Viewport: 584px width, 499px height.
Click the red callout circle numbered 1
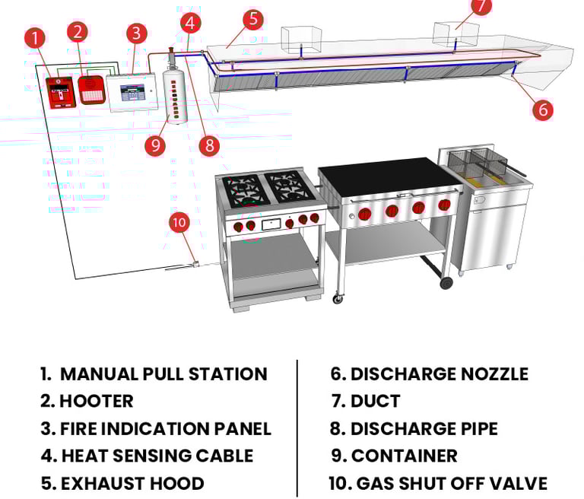pyautogui.click(x=35, y=37)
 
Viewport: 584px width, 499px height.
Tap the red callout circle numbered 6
pyautogui.click(x=543, y=110)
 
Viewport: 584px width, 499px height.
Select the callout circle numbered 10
pyautogui.click(x=179, y=222)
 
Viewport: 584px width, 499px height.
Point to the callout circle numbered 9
pyautogui.click(x=155, y=145)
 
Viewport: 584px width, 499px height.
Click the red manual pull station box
pyautogui.click(x=62, y=93)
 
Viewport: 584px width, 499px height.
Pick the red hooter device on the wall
pyautogui.click(x=91, y=90)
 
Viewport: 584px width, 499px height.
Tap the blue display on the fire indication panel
pyautogui.click(x=132, y=92)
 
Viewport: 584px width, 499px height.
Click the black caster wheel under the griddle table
pyautogui.click(x=446, y=283)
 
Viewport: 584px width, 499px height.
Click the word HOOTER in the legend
pyautogui.click(x=97, y=402)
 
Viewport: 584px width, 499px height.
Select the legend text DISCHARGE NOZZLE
pyautogui.click(x=440, y=374)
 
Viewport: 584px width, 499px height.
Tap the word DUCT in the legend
pyautogui.click(x=375, y=402)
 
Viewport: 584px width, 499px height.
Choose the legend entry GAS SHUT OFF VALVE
pyautogui.click(x=452, y=483)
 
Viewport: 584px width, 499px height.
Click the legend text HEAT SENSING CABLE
pyautogui.click(x=157, y=456)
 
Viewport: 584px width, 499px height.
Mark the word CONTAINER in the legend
pyautogui.click(x=404, y=456)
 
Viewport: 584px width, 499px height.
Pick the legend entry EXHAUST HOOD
pyautogui.click(x=132, y=483)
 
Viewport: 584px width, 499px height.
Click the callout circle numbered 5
pyautogui.click(x=253, y=18)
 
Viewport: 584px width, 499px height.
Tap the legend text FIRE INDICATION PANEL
pyautogui.click(x=166, y=428)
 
